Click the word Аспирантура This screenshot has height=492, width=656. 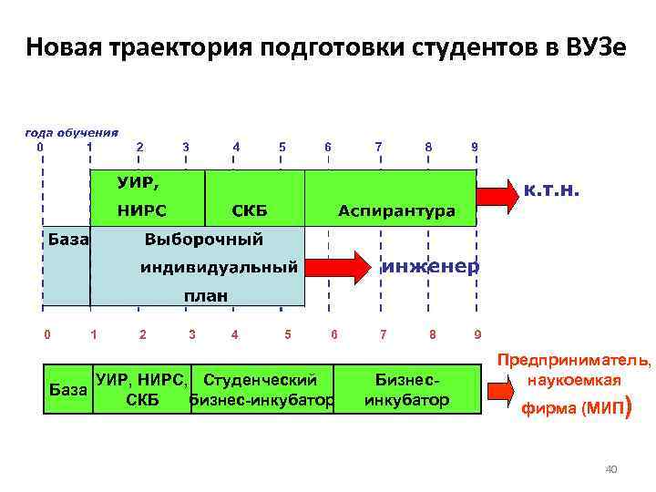(x=396, y=211)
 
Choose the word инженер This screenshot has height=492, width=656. (x=428, y=267)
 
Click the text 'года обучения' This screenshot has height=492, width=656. (x=71, y=131)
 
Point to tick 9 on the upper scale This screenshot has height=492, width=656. (x=474, y=146)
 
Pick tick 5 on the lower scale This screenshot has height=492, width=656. (x=288, y=334)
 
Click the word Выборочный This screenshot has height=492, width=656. (x=204, y=240)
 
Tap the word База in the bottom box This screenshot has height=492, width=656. (x=68, y=389)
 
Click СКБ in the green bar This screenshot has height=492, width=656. (x=250, y=211)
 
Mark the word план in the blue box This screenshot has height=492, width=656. (x=207, y=297)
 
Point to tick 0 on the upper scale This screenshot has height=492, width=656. (x=38, y=146)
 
